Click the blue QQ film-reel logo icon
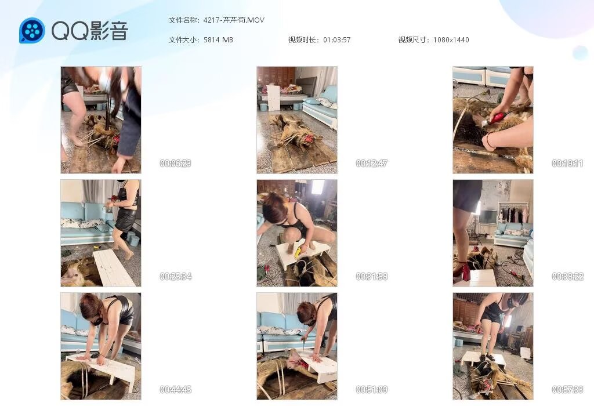point(32,30)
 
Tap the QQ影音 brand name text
point(90,31)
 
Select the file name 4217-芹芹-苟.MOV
point(234,20)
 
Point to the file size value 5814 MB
point(218,40)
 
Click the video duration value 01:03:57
point(337,40)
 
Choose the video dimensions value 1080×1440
point(451,40)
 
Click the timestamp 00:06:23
point(175,163)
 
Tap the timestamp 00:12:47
point(372,163)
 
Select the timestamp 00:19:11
point(567,163)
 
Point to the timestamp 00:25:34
point(175,277)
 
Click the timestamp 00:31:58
point(372,277)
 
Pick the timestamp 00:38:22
point(567,277)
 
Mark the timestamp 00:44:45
point(175,389)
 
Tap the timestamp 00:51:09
point(372,389)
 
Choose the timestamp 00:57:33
point(567,389)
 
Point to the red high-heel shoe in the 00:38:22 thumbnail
point(462,271)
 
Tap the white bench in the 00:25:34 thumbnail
point(114,267)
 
